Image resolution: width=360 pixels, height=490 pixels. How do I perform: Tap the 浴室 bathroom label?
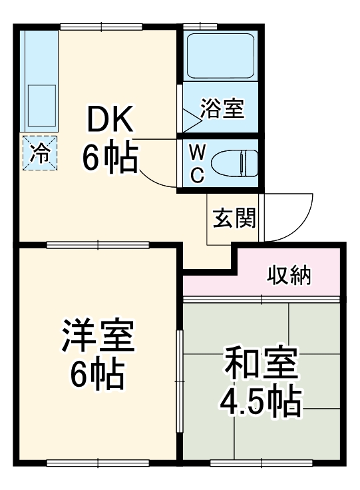click(x=222, y=107)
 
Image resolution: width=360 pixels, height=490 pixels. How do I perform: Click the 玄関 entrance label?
click(x=234, y=218)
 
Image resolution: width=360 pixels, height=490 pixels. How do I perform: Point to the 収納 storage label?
click(x=289, y=274)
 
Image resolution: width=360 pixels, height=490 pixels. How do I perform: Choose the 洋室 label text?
click(x=98, y=338)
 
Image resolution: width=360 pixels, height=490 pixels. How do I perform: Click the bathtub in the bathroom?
click(x=220, y=55)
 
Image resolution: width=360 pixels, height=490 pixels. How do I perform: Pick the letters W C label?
click(x=196, y=162)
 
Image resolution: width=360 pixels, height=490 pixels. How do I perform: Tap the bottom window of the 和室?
click(x=262, y=461)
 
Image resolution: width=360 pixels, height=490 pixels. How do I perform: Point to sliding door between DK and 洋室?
click(x=98, y=245)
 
